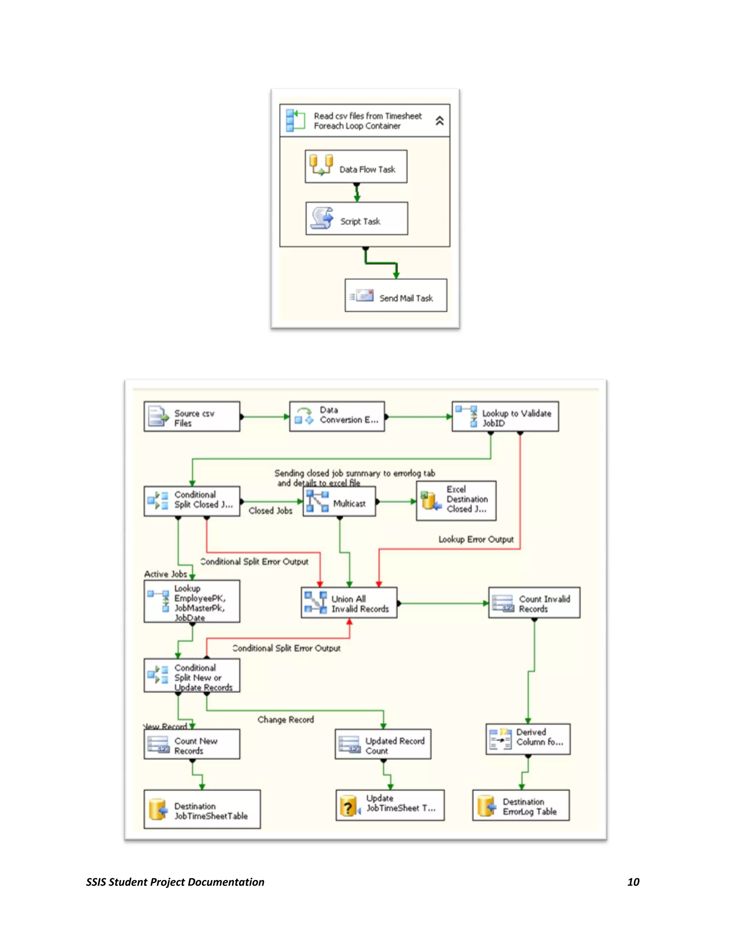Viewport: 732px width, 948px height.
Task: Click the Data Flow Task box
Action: pos(356,167)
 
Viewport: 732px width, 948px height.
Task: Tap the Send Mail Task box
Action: pos(396,295)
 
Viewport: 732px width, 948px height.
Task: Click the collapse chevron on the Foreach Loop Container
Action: pos(439,121)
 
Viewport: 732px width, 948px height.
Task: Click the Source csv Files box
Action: pos(192,417)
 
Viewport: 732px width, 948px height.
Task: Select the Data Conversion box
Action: pos(337,416)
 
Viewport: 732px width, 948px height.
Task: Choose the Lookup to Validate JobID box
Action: pos(505,417)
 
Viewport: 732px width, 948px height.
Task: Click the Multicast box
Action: pos(339,502)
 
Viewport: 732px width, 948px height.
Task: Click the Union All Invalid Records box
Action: pos(349,603)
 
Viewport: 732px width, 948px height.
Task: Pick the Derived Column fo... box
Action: pos(528,739)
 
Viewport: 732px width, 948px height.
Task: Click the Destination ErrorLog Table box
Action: pos(521,806)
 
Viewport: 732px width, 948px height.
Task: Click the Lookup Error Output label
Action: pos(476,539)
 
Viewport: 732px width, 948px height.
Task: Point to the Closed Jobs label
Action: pos(271,511)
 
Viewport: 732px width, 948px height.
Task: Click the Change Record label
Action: pos(285,720)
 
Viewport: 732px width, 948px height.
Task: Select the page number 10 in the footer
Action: pos(633,882)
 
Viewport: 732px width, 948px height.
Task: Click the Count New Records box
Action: pos(192,744)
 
